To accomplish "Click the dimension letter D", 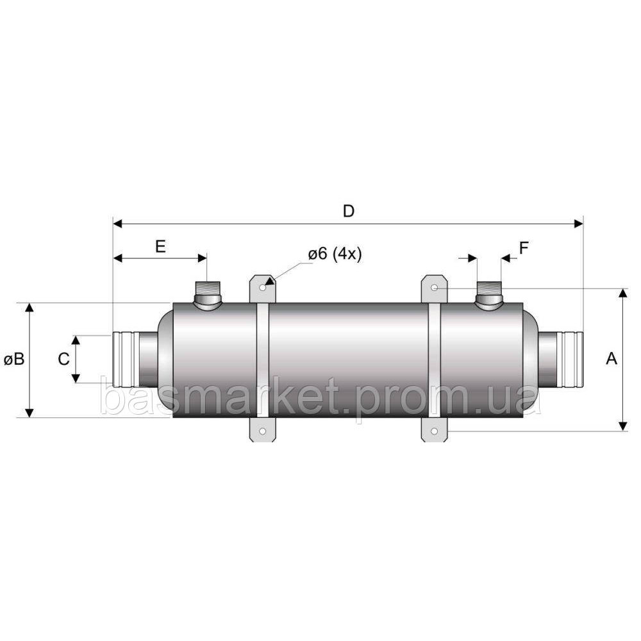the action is [348, 212].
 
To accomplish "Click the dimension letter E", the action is [161, 247].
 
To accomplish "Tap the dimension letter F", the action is [524, 247].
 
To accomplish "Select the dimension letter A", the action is [611, 358].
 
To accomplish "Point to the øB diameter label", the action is [14, 360].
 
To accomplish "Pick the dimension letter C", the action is [63, 359].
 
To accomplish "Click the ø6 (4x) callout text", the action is [335, 254].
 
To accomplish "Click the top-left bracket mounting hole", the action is [263, 288].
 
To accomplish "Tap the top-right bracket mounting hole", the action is [435, 288].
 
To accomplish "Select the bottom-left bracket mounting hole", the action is [263, 431].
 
